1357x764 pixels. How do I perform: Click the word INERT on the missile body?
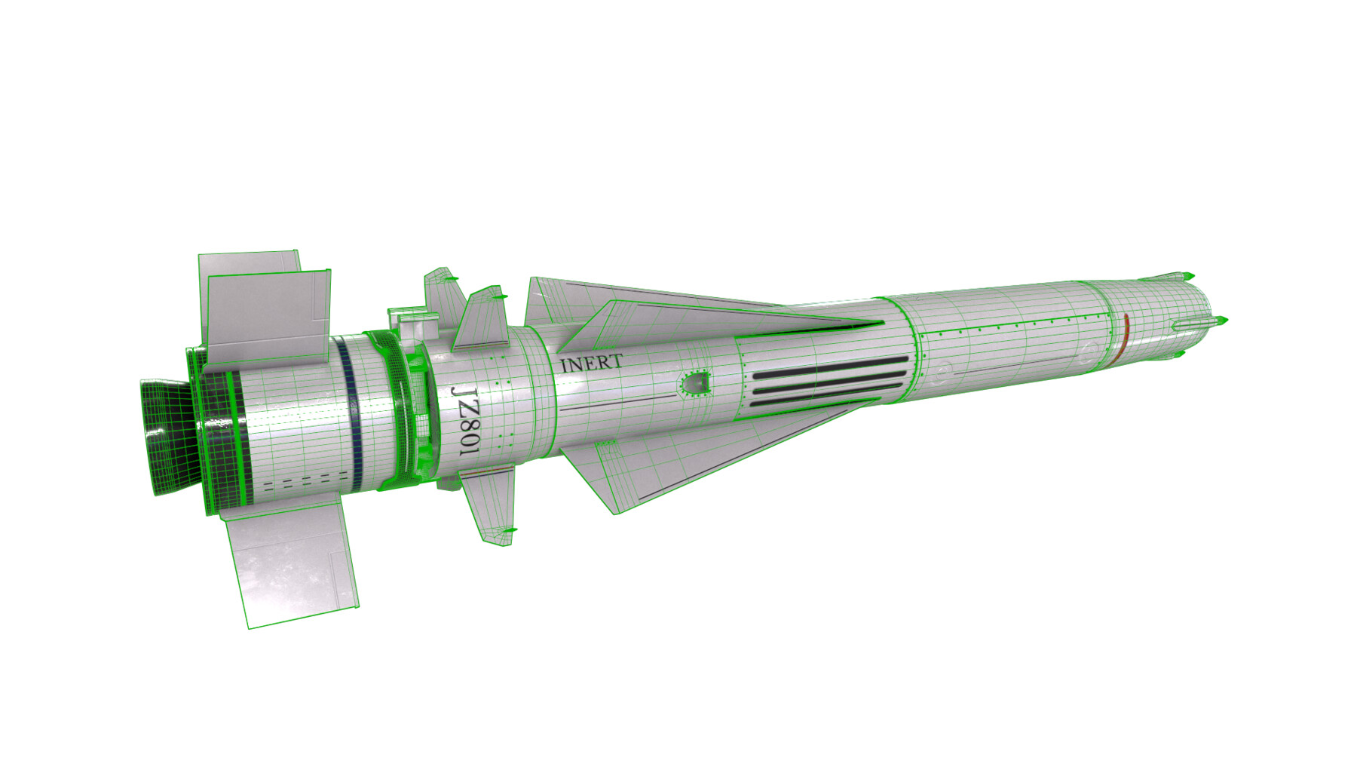tap(591, 364)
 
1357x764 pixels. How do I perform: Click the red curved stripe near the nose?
tap(1123, 333)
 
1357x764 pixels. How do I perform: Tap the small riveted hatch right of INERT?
tap(695, 385)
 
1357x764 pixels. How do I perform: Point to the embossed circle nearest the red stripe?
tap(1088, 351)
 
